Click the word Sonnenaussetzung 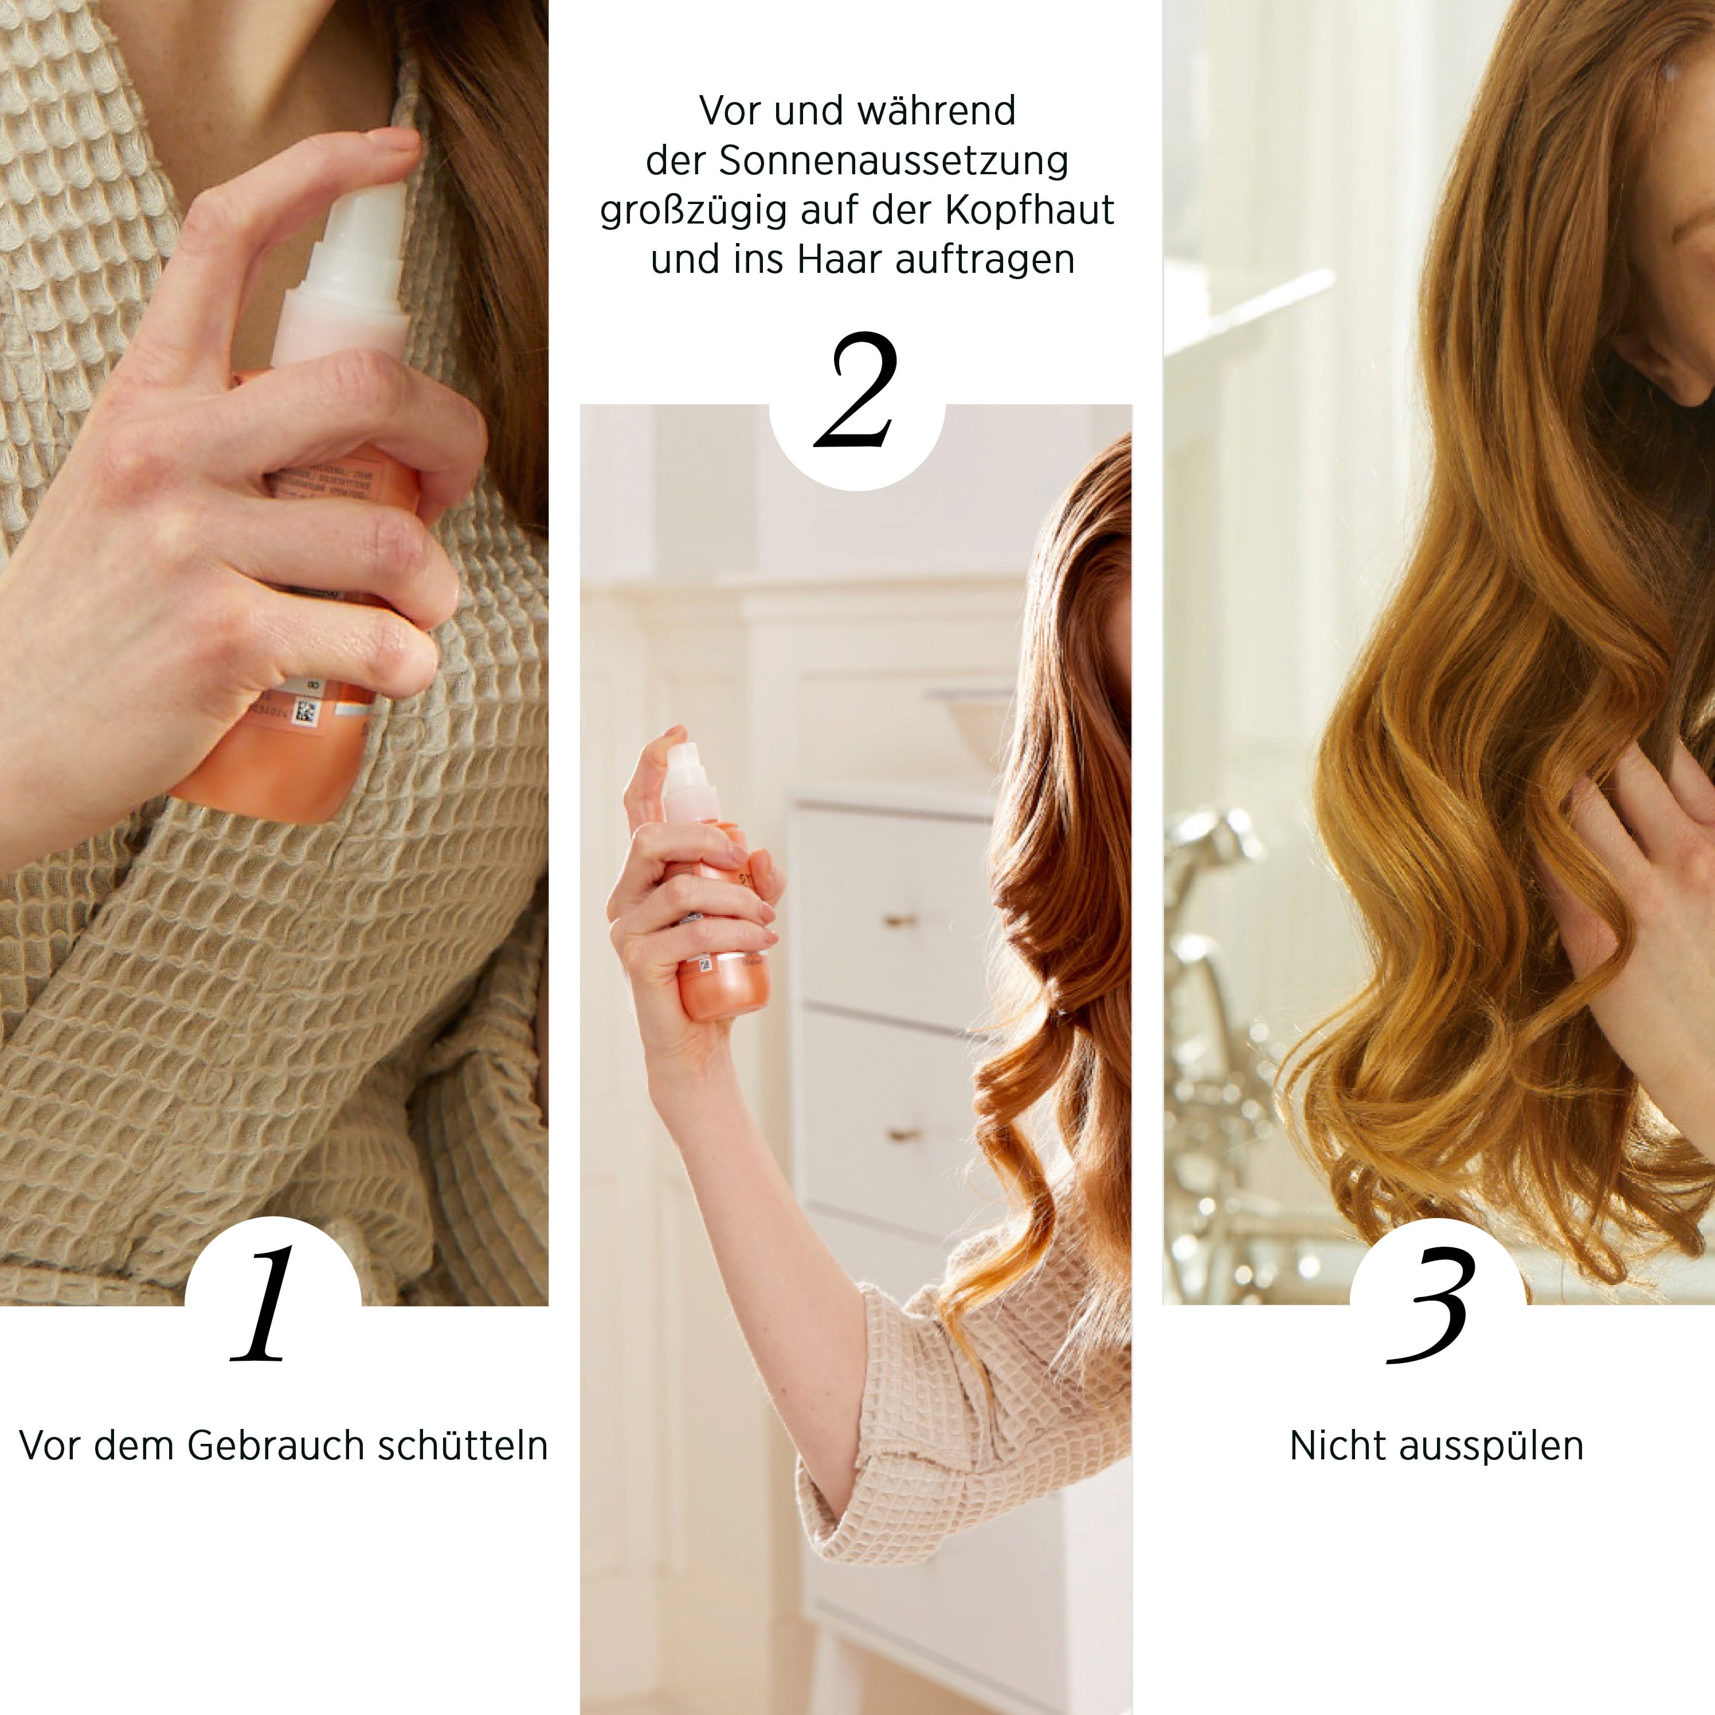coord(893,160)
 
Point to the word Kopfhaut coord(1029,210)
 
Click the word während coord(937,111)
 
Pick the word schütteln coord(463,1446)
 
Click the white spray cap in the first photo coord(353,267)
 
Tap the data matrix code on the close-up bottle coord(306,711)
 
